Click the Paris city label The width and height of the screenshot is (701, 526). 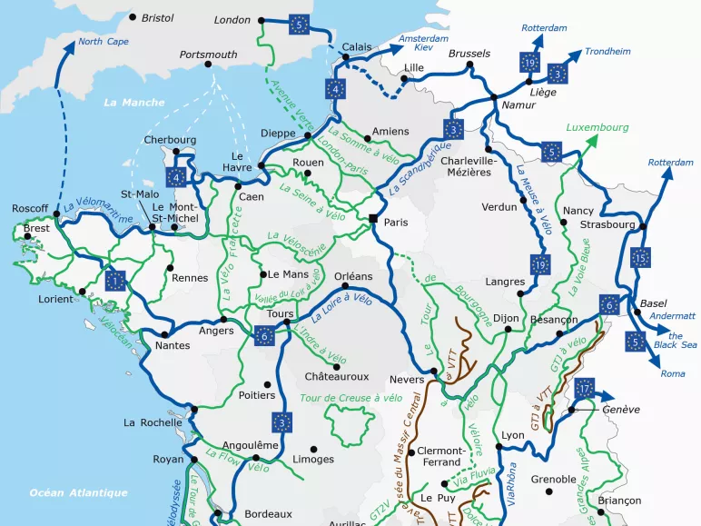396,223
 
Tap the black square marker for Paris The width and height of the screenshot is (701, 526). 373,218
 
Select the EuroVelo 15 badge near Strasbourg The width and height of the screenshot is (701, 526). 642,258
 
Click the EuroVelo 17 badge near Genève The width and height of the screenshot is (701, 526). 585,388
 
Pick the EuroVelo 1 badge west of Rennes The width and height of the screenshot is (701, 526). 115,280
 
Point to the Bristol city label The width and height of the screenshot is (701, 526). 157,17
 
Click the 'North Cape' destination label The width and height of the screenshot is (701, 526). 103,42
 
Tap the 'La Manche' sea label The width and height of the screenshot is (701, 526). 129,103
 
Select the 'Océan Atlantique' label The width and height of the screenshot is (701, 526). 78,493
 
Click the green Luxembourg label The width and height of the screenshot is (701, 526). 597,127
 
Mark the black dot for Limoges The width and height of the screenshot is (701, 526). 314,449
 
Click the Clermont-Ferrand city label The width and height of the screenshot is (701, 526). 442,457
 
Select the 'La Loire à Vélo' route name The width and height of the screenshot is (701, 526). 341,308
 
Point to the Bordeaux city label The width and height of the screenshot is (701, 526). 268,513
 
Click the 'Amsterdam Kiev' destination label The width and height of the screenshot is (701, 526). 424,43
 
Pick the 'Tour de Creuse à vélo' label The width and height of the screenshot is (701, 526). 350,397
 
